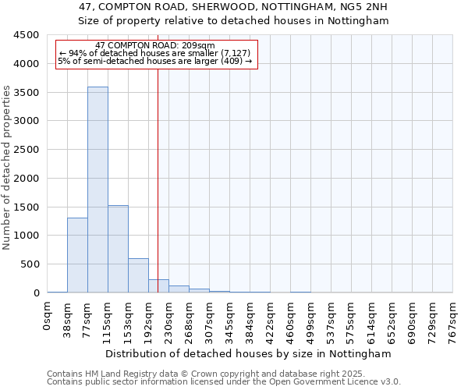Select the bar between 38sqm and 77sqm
(x=77, y=255)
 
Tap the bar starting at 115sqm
(x=118, y=249)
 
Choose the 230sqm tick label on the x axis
(x=169, y=321)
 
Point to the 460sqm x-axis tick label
(x=291, y=321)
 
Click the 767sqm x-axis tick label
(x=453, y=321)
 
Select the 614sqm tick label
(x=372, y=321)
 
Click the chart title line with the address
(x=234, y=7)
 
